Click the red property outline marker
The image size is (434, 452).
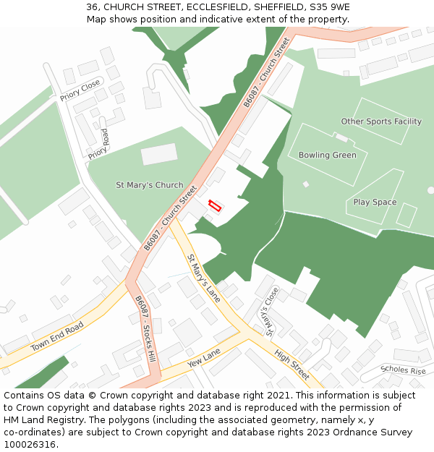[215, 205]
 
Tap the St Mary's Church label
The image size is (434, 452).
[150, 185]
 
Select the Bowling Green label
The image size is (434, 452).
[327, 155]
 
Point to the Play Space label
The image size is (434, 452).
[375, 202]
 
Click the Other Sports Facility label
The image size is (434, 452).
[381, 121]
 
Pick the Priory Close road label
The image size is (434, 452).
[80, 91]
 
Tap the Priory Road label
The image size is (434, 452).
[98, 144]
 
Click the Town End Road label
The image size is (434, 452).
[57, 336]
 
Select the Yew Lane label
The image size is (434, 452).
[203, 356]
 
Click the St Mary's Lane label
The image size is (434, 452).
[203, 278]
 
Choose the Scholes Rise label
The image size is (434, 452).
[403, 370]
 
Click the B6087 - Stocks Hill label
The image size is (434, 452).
[145, 329]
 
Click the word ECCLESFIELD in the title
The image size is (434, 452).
[210, 7]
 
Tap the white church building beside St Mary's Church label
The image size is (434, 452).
[158, 154]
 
